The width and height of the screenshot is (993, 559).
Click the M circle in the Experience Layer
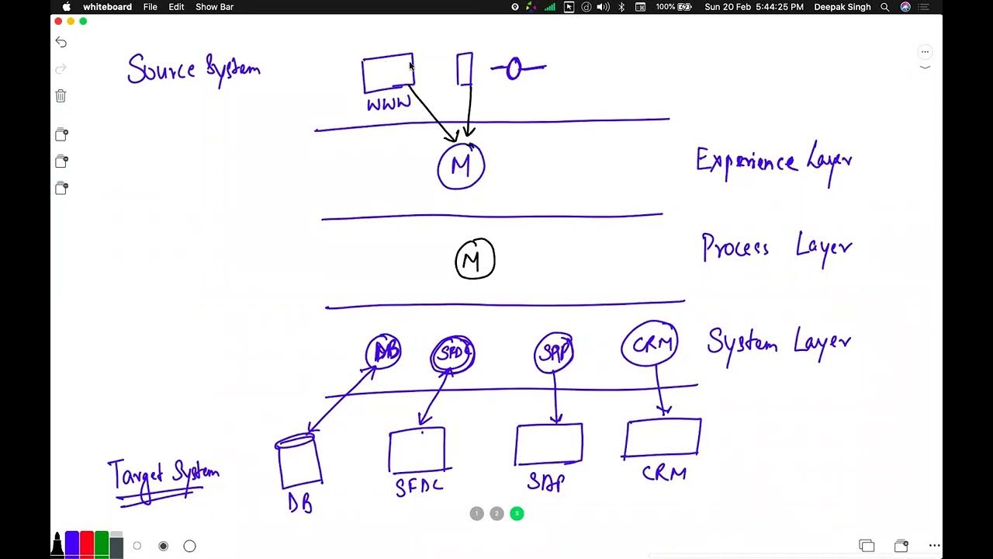click(461, 166)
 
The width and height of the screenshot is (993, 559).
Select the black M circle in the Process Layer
click(474, 259)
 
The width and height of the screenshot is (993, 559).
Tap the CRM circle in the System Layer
click(650, 344)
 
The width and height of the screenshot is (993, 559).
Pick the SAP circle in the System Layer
click(554, 353)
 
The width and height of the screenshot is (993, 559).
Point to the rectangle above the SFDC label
click(417, 450)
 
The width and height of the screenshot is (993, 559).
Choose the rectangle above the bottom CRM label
click(663, 439)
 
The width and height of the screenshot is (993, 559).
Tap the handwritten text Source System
click(193, 70)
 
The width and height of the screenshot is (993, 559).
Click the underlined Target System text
click(164, 474)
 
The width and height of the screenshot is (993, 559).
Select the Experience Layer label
click(773, 162)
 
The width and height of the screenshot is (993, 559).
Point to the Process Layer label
click(777, 248)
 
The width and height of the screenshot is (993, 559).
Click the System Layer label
click(778, 342)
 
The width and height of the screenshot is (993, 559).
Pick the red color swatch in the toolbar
click(87, 543)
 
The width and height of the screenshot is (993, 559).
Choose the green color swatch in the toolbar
click(101, 543)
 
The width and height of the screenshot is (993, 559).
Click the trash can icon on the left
click(61, 95)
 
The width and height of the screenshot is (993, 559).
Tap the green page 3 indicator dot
click(517, 513)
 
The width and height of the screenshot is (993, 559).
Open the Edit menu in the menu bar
click(176, 7)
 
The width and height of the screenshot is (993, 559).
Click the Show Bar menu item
click(214, 7)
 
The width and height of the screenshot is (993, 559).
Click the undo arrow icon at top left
click(61, 42)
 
